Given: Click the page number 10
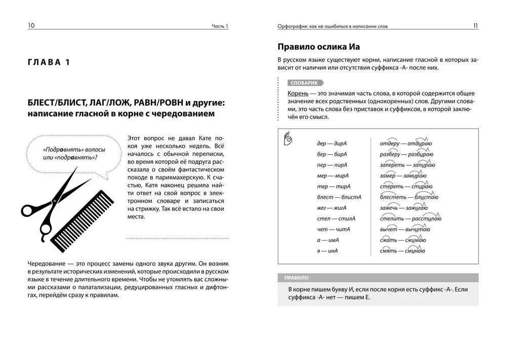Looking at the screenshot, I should [31, 26].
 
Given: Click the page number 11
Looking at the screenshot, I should [475, 26].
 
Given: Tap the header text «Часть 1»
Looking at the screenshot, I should [220, 26].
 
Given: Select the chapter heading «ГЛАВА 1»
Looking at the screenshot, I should [49, 62].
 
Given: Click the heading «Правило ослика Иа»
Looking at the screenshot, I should [319, 47].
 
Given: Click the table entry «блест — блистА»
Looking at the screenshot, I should [332, 197].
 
